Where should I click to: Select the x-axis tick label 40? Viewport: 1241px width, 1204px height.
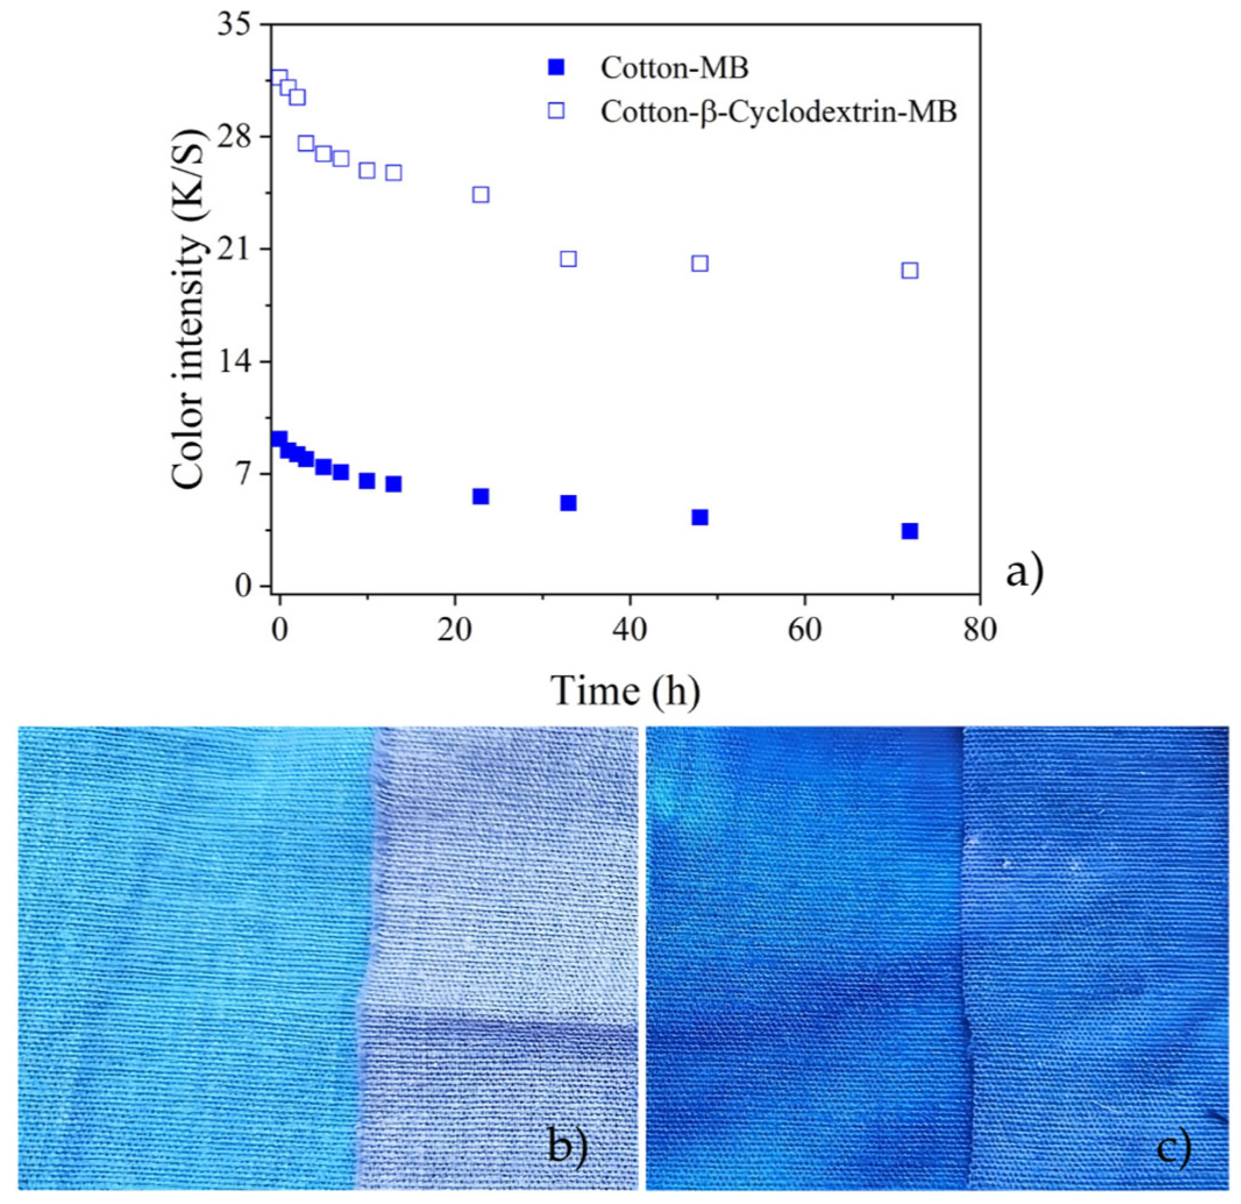click(630, 630)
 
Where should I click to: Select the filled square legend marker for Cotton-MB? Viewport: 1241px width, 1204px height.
click(557, 67)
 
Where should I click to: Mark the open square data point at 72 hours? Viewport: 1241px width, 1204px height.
click(910, 271)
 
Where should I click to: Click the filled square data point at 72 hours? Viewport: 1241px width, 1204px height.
click(910, 531)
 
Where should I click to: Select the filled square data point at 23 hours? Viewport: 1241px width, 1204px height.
click(481, 496)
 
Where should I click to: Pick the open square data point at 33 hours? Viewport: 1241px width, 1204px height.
click(568, 259)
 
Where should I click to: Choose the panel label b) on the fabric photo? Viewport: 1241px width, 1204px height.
click(567, 1145)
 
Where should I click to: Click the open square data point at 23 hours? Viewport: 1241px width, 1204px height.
click(481, 194)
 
